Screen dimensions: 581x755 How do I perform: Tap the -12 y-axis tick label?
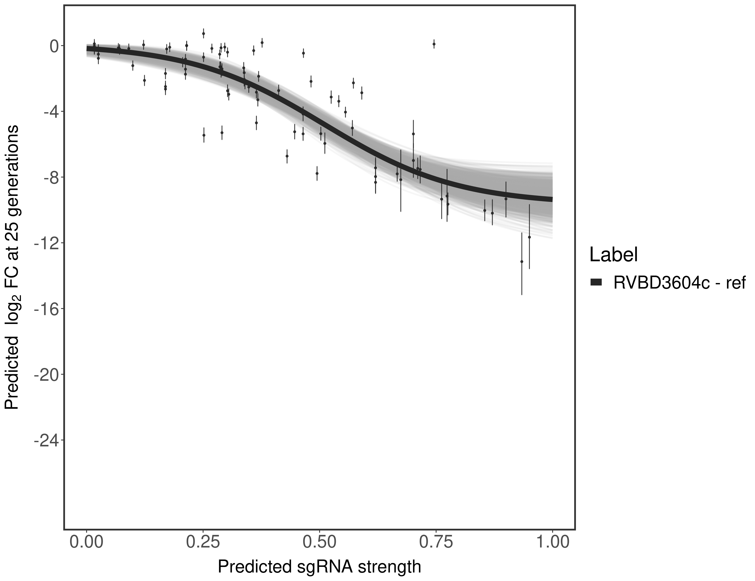(45, 243)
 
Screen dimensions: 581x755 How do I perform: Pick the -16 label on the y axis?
(45, 309)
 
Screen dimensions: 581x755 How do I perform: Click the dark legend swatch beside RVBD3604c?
(596, 283)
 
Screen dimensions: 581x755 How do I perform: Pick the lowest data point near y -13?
(522, 261)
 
